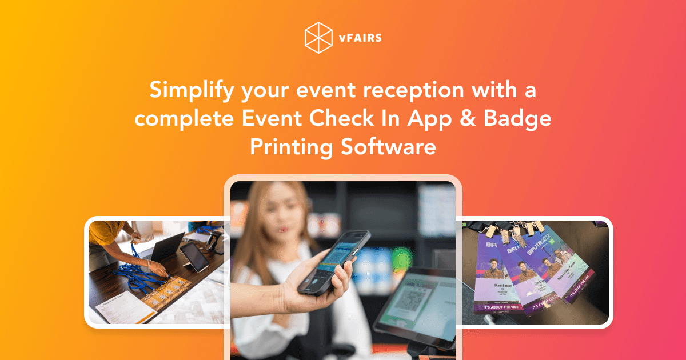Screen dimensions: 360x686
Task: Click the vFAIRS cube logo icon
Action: [318, 38]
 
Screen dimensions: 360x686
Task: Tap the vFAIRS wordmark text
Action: [359, 38]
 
